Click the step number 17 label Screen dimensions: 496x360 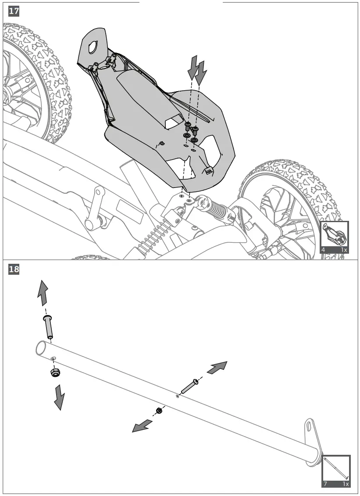pyautogui.click(x=14, y=12)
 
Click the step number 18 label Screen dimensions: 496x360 pyautogui.click(x=14, y=269)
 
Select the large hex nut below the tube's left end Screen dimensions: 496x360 pyautogui.click(x=55, y=373)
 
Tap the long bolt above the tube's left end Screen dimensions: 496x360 pyautogui.click(x=48, y=326)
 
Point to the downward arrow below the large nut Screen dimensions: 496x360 pyautogui.click(x=59, y=397)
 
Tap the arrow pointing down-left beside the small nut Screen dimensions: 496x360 pyautogui.click(x=143, y=425)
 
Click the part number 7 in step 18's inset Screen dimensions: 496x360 pyautogui.click(x=326, y=484)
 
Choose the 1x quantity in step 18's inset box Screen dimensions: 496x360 pyautogui.click(x=346, y=484)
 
